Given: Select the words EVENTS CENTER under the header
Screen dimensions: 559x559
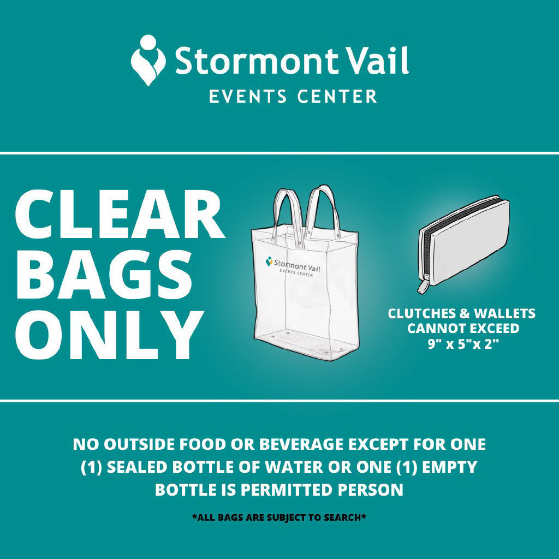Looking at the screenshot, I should [x=293, y=97].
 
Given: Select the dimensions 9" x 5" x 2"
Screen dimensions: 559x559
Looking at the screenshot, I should [x=461, y=345].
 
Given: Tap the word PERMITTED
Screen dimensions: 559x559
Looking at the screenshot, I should [x=285, y=490].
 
